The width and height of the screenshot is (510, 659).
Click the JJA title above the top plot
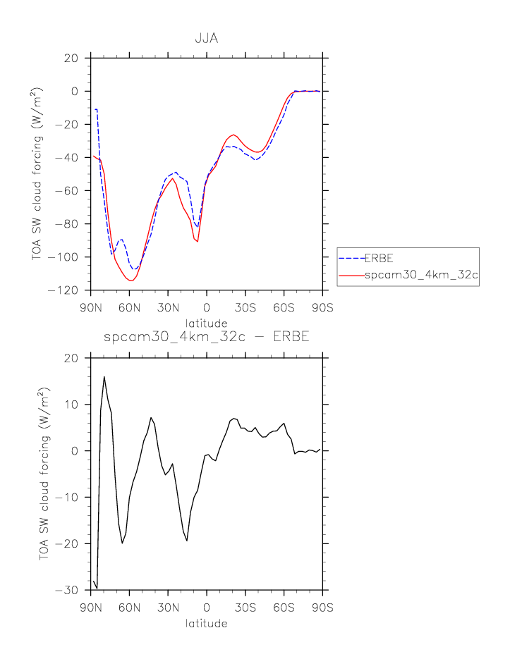(206, 39)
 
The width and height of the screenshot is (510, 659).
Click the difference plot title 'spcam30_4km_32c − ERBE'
(206, 337)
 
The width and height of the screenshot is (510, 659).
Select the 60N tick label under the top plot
(130, 307)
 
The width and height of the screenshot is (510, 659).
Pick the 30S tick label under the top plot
(245, 307)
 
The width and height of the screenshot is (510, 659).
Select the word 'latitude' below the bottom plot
(206, 624)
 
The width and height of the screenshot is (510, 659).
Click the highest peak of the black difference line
(104, 376)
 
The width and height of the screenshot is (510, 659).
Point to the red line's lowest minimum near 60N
(131, 281)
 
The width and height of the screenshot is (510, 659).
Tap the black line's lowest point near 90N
(97, 589)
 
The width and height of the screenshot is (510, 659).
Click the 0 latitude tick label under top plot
(207, 307)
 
